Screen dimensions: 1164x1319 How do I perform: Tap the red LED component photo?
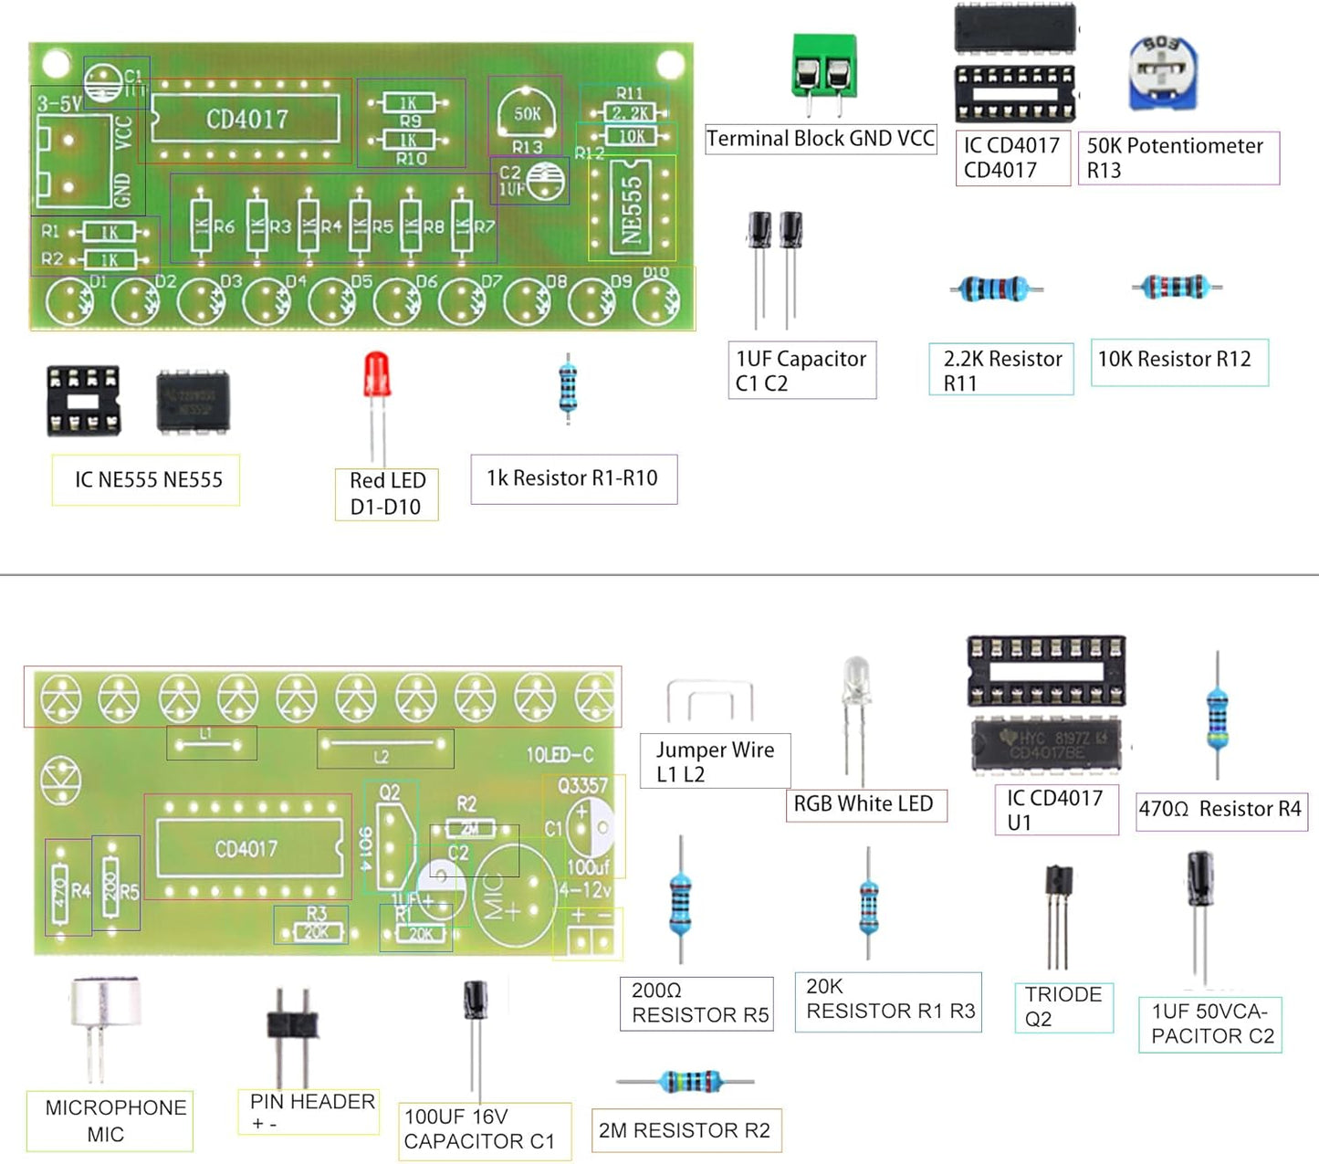(x=376, y=374)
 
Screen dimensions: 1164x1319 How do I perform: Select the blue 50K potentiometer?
(x=1162, y=72)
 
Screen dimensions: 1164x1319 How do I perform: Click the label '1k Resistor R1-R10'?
(x=573, y=478)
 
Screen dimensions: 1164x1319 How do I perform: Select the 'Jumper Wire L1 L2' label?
(x=715, y=761)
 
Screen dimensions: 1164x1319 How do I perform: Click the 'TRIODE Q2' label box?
(x=1063, y=1006)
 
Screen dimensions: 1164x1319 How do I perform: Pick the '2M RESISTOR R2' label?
(x=685, y=1130)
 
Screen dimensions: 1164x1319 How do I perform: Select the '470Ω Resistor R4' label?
(x=1220, y=810)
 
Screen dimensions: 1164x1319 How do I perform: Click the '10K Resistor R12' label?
(x=1178, y=361)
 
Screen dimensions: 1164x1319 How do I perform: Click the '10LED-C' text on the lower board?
(x=559, y=755)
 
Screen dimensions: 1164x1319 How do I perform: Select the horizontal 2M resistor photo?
(x=686, y=1082)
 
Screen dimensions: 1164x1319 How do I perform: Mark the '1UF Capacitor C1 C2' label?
(x=801, y=370)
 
